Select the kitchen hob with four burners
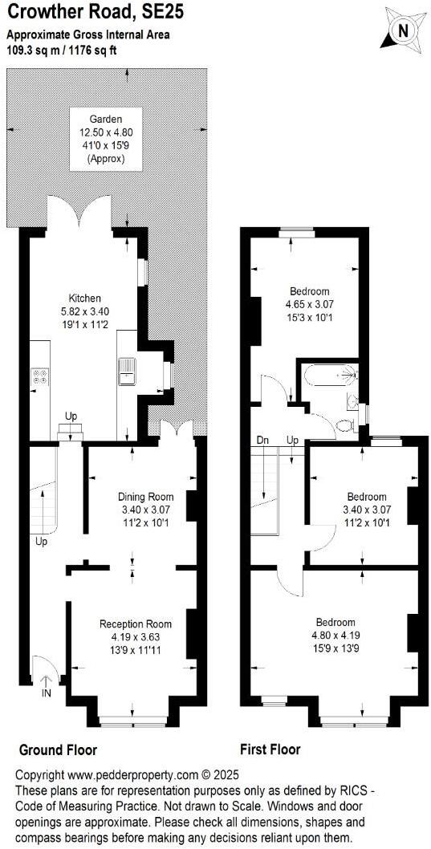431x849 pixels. (x=40, y=376)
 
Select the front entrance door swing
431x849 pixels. (x=43, y=664)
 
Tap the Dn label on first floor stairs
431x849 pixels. (x=262, y=441)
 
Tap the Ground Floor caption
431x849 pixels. (x=58, y=749)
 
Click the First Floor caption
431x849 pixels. (x=270, y=749)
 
